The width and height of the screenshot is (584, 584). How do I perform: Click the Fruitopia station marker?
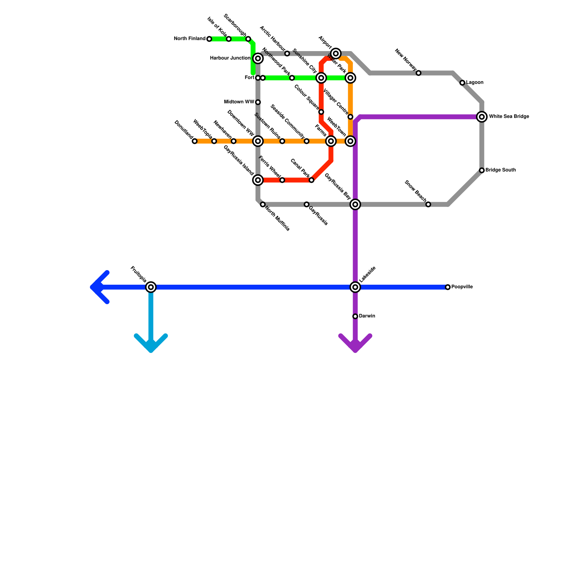click(151, 287)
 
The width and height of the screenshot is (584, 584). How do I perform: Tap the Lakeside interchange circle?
click(355, 287)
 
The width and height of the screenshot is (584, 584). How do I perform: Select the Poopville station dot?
click(448, 287)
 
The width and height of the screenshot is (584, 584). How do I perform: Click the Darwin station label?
click(367, 316)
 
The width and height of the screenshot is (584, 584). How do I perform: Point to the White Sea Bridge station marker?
click(482, 117)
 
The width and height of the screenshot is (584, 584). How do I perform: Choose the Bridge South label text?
click(500, 170)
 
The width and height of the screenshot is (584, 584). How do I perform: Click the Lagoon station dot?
click(462, 83)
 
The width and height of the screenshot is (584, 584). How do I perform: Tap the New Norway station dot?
click(419, 73)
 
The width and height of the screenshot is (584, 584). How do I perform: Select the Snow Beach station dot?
click(428, 204)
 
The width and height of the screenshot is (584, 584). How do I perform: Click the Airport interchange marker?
click(336, 54)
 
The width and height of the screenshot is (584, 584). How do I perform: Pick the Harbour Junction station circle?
click(258, 58)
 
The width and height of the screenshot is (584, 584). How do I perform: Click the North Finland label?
click(189, 39)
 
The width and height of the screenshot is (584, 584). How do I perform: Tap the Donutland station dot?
click(195, 141)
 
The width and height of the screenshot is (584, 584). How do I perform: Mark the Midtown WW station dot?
click(258, 102)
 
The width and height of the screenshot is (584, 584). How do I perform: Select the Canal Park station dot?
click(311, 180)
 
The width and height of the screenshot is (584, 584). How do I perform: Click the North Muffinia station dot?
click(263, 204)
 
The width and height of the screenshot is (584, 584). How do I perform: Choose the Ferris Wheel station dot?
click(282, 180)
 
